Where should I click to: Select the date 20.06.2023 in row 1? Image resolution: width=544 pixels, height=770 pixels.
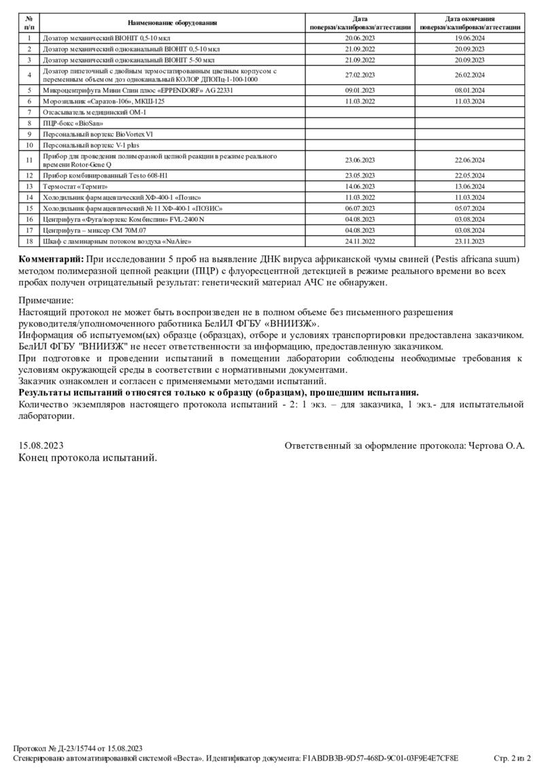[x=360, y=39]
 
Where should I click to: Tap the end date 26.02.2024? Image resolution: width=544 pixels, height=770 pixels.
[x=469, y=75]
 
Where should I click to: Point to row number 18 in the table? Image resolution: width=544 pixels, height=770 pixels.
[x=29, y=241]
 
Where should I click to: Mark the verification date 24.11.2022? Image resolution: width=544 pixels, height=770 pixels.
[x=360, y=241]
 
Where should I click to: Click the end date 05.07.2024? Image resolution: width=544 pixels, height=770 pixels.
[x=469, y=208]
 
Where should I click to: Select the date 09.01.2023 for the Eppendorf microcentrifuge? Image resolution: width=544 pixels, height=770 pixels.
[x=360, y=90]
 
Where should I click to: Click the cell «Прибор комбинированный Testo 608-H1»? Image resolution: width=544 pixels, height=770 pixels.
[x=105, y=175]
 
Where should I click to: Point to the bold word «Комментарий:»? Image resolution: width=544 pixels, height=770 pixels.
[x=51, y=259]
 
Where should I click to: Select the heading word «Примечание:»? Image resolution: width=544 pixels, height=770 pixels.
[x=46, y=300]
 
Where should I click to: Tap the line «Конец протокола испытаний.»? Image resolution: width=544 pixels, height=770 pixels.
[x=88, y=458]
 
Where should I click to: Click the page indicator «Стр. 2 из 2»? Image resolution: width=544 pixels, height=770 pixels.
[x=512, y=758]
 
